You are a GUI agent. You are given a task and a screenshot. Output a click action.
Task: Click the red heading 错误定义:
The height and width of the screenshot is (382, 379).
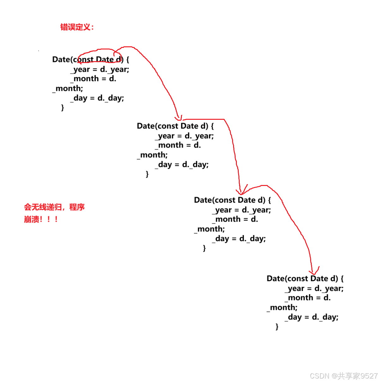[x=77, y=27]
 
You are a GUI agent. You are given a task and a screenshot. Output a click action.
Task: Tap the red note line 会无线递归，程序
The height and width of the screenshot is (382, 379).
[x=54, y=207]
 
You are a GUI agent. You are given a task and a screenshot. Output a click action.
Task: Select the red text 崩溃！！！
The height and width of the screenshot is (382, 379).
[x=41, y=219]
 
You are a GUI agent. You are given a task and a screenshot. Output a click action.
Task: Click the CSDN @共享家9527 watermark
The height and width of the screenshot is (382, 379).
[x=344, y=376]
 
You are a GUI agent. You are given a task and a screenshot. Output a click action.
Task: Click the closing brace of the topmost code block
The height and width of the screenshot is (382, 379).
[x=63, y=107]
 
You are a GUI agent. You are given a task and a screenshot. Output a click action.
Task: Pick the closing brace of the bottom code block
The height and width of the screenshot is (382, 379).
[x=277, y=327]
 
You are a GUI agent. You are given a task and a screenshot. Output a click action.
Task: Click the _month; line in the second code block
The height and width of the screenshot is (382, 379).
[x=152, y=155]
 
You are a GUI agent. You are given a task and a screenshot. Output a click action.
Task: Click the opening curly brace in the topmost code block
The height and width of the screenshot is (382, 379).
[x=128, y=59]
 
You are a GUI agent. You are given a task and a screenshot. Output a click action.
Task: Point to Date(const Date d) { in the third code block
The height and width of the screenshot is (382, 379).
[x=232, y=200]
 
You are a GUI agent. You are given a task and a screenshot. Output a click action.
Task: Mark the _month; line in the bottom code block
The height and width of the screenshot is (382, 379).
[x=282, y=307]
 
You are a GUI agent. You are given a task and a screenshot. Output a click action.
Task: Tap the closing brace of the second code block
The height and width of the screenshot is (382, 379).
[x=147, y=174]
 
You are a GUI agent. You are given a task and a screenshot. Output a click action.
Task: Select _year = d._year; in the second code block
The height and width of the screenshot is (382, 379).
[x=184, y=136]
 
